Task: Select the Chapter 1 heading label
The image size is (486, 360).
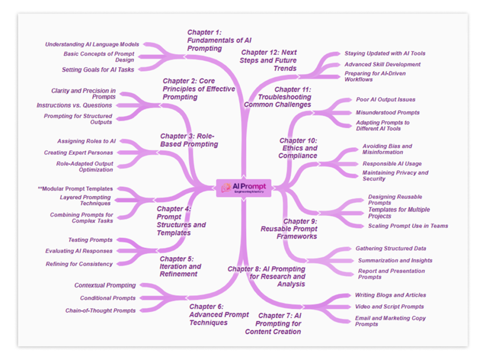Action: [215, 40]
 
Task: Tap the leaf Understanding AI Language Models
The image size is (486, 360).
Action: [92, 44]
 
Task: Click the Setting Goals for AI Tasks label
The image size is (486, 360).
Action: [98, 70]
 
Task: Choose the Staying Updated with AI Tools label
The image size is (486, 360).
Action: [385, 54]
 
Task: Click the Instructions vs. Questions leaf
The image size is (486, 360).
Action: [75, 105]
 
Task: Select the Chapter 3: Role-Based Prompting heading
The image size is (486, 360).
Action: [189, 140]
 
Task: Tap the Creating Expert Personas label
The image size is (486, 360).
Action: [79, 153]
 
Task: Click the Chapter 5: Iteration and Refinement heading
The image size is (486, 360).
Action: [180, 266]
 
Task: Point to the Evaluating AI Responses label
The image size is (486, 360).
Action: [79, 251]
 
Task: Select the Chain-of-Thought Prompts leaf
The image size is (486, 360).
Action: [101, 311]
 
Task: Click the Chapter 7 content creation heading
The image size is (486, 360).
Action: [273, 323]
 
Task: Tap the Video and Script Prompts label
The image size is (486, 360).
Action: [390, 307]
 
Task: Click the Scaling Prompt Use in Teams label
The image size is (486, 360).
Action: [408, 226]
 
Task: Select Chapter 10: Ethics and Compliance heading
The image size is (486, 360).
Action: [298, 148]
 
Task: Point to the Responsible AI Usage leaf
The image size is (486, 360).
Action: [392, 164]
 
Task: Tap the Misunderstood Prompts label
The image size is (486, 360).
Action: [388, 113]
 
